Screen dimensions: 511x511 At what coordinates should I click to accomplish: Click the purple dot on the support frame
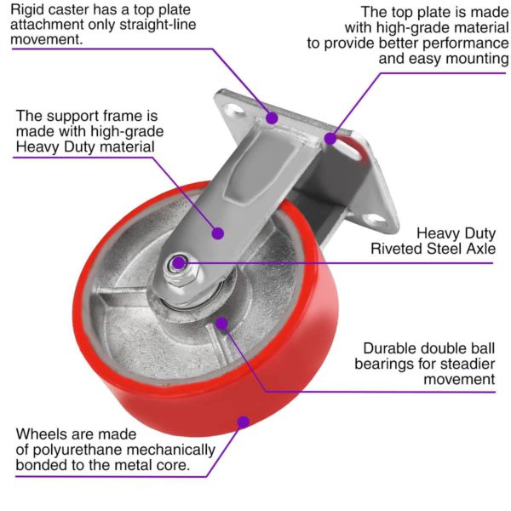[x=218, y=231]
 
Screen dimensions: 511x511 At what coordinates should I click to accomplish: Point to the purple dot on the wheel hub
[x=221, y=322]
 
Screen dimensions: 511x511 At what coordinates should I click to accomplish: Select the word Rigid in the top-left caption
[x=31, y=9]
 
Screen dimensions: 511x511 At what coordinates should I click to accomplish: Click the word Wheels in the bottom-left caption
[x=41, y=433]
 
